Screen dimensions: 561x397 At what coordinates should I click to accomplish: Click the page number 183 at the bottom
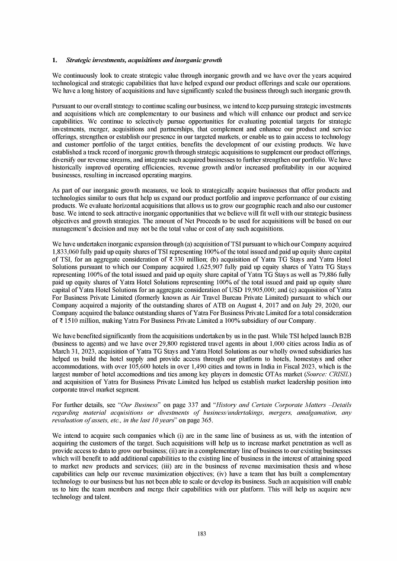[201, 534]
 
